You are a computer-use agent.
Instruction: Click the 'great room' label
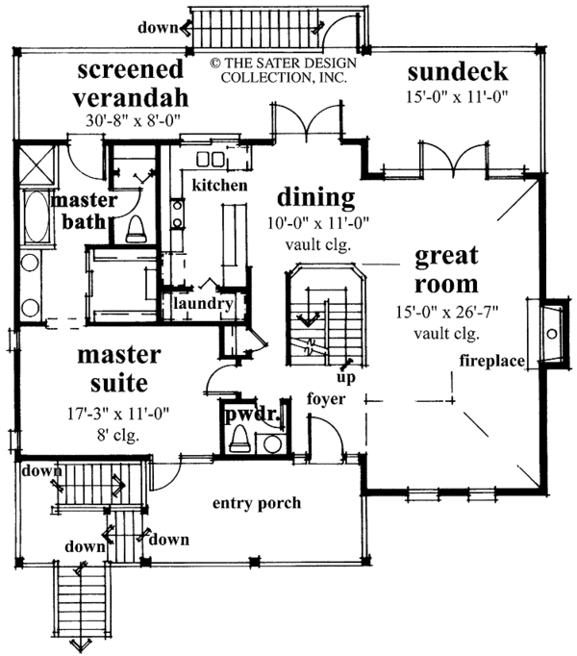446,270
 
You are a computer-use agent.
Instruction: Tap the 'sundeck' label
456,72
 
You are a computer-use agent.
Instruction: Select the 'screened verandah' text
131,84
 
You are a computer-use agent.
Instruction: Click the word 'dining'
316,197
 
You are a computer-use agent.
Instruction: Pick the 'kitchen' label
219,185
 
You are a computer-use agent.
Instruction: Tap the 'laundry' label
203,304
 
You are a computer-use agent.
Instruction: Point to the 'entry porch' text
257,503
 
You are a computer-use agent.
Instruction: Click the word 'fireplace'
490,362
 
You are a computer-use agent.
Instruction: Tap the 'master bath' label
85,211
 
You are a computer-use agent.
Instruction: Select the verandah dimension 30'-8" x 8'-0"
132,121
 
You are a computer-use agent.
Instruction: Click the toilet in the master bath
134,229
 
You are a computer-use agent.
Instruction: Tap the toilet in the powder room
240,441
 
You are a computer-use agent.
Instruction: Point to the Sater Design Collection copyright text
282,69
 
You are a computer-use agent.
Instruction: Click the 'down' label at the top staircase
156,28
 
